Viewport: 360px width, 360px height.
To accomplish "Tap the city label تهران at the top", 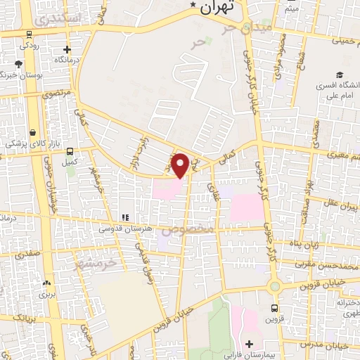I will (x=216, y=8).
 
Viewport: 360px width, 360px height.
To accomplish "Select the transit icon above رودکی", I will (x=28, y=33).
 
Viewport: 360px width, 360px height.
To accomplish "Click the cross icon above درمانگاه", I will (x=67, y=49).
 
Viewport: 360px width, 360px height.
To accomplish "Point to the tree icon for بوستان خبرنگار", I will (x=19, y=64).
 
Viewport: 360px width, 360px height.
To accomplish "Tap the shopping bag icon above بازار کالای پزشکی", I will (x=33, y=131).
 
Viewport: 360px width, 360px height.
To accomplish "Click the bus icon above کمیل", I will (x=68, y=150).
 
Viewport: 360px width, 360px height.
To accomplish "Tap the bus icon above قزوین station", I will (x=274, y=307).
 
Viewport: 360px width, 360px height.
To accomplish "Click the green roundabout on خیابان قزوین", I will (x=274, y=285).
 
